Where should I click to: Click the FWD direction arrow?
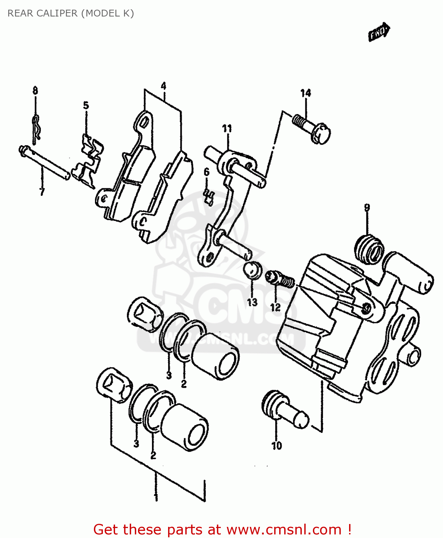click(379, 32)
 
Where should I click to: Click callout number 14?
click(305, 93)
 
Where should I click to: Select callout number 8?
click(35, 91)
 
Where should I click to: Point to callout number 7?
click(42, 192)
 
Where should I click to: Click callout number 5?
click(86, 105)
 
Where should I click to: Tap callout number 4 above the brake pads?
click(163, 86)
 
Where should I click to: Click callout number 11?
click(227, 128)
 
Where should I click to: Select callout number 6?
click(207, 172)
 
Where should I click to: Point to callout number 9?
click(367, 208)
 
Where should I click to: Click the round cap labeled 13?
click(252, 270)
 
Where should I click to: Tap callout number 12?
click(275, 307)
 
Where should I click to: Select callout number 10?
click(277, 446)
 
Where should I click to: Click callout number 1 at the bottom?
click(156, 497)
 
